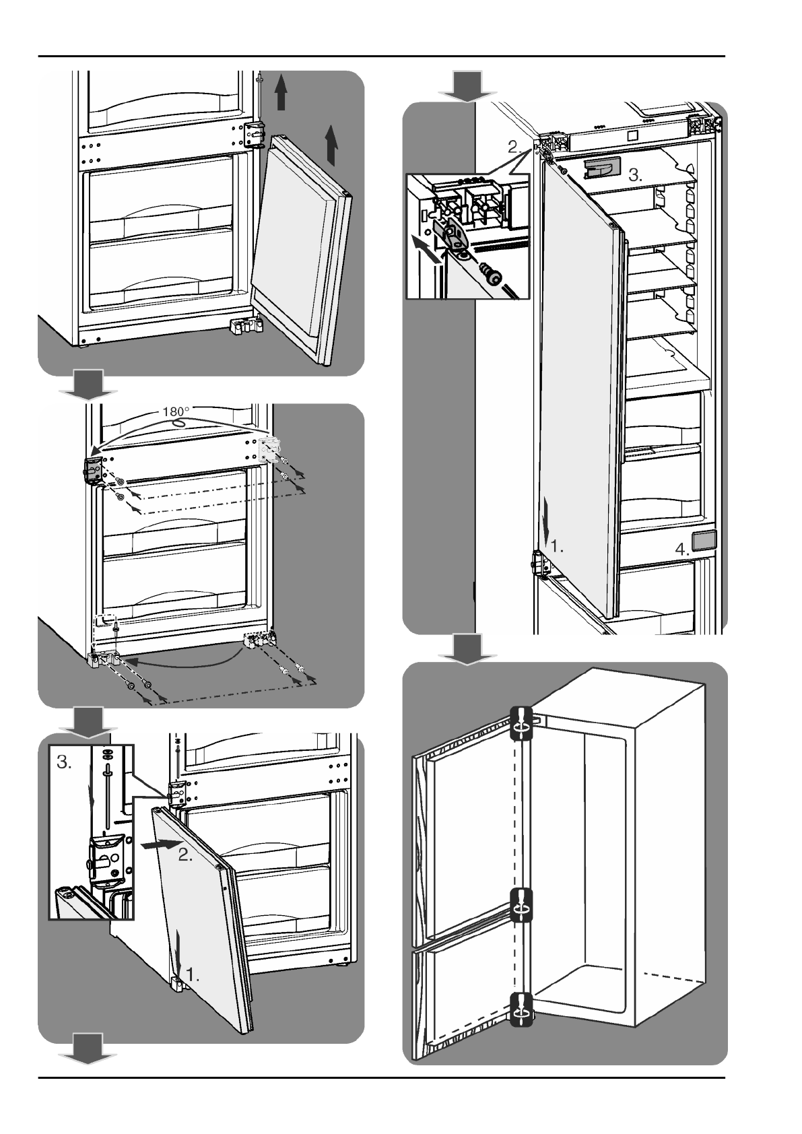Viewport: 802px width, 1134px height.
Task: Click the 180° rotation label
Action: coord(177,411)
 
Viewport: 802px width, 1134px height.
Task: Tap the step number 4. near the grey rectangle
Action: coord(682,549)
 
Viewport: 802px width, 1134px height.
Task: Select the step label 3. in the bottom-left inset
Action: coord(65,762)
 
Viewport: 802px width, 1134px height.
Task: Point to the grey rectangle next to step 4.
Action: coord(704,541)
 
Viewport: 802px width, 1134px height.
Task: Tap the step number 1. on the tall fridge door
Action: coord(556,547)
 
